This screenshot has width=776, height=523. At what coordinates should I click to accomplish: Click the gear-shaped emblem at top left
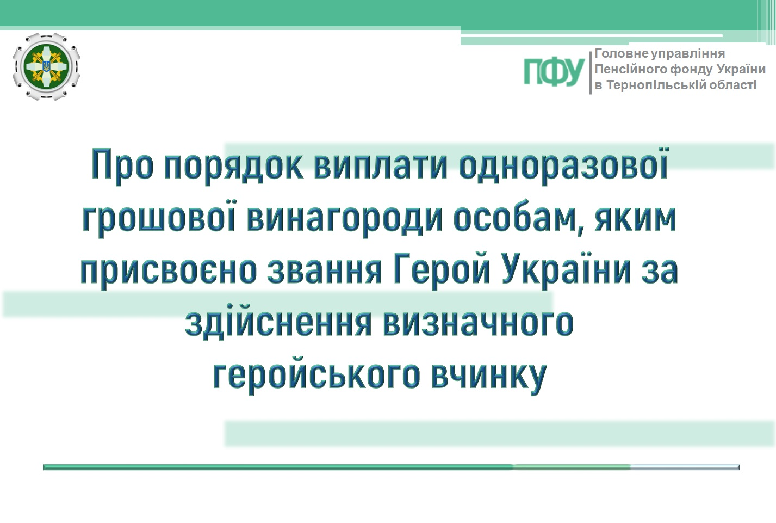(46, 66)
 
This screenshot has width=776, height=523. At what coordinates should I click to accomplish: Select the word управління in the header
(688, 54)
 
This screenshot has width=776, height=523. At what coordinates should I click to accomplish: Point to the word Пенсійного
(631, 69)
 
